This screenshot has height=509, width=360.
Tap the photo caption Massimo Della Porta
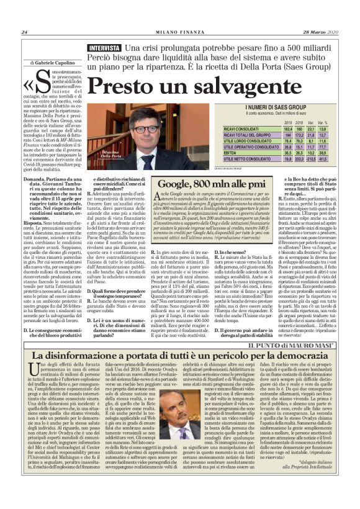pyautogui.click(x=129, y=154)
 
